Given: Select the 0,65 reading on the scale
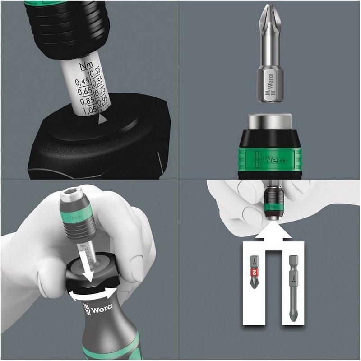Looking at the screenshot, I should pos(84,91).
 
